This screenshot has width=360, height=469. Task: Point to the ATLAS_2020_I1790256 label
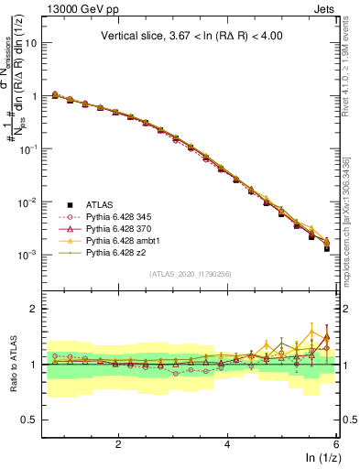click(190, 274)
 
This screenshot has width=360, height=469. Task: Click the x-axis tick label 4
click(227, 443)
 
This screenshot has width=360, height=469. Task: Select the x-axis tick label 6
click(336, 443)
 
